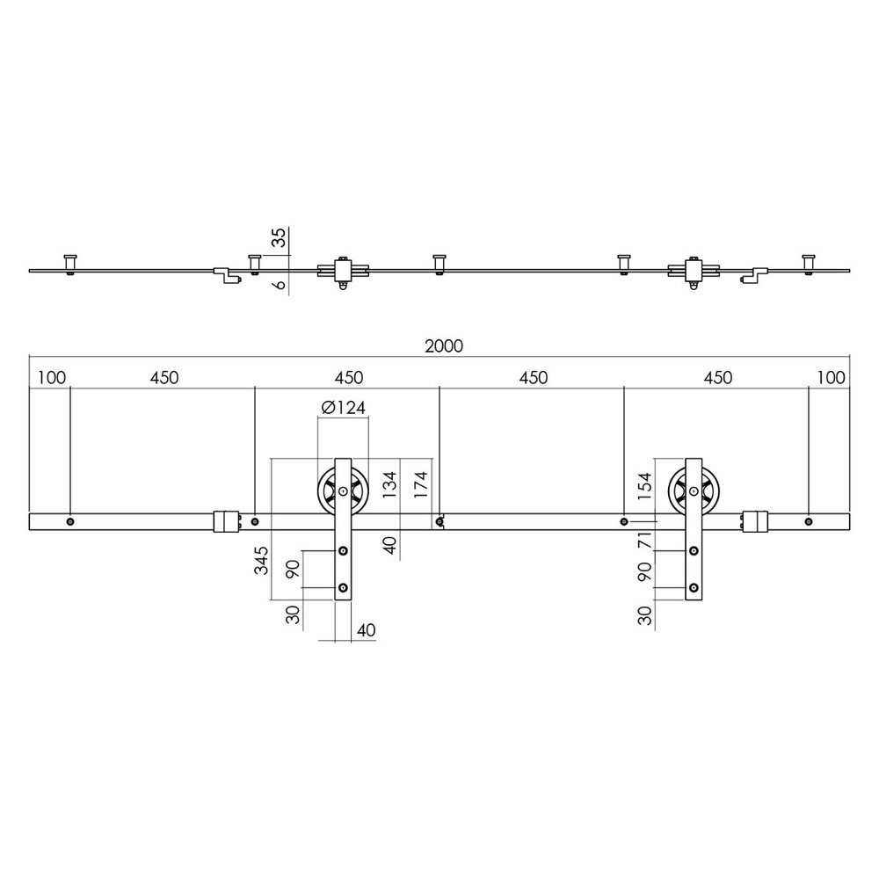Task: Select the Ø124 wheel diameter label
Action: click(343, 407)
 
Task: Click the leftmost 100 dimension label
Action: click(52, 379)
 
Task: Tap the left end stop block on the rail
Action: click(226, 521)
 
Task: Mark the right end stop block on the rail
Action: click(754, 521)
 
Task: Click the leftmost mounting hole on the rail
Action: click(70, 522)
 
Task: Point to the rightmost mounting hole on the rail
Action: click(808, 522)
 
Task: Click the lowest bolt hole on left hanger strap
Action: click(344, 587)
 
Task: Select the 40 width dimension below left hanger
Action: click(367, 629)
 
